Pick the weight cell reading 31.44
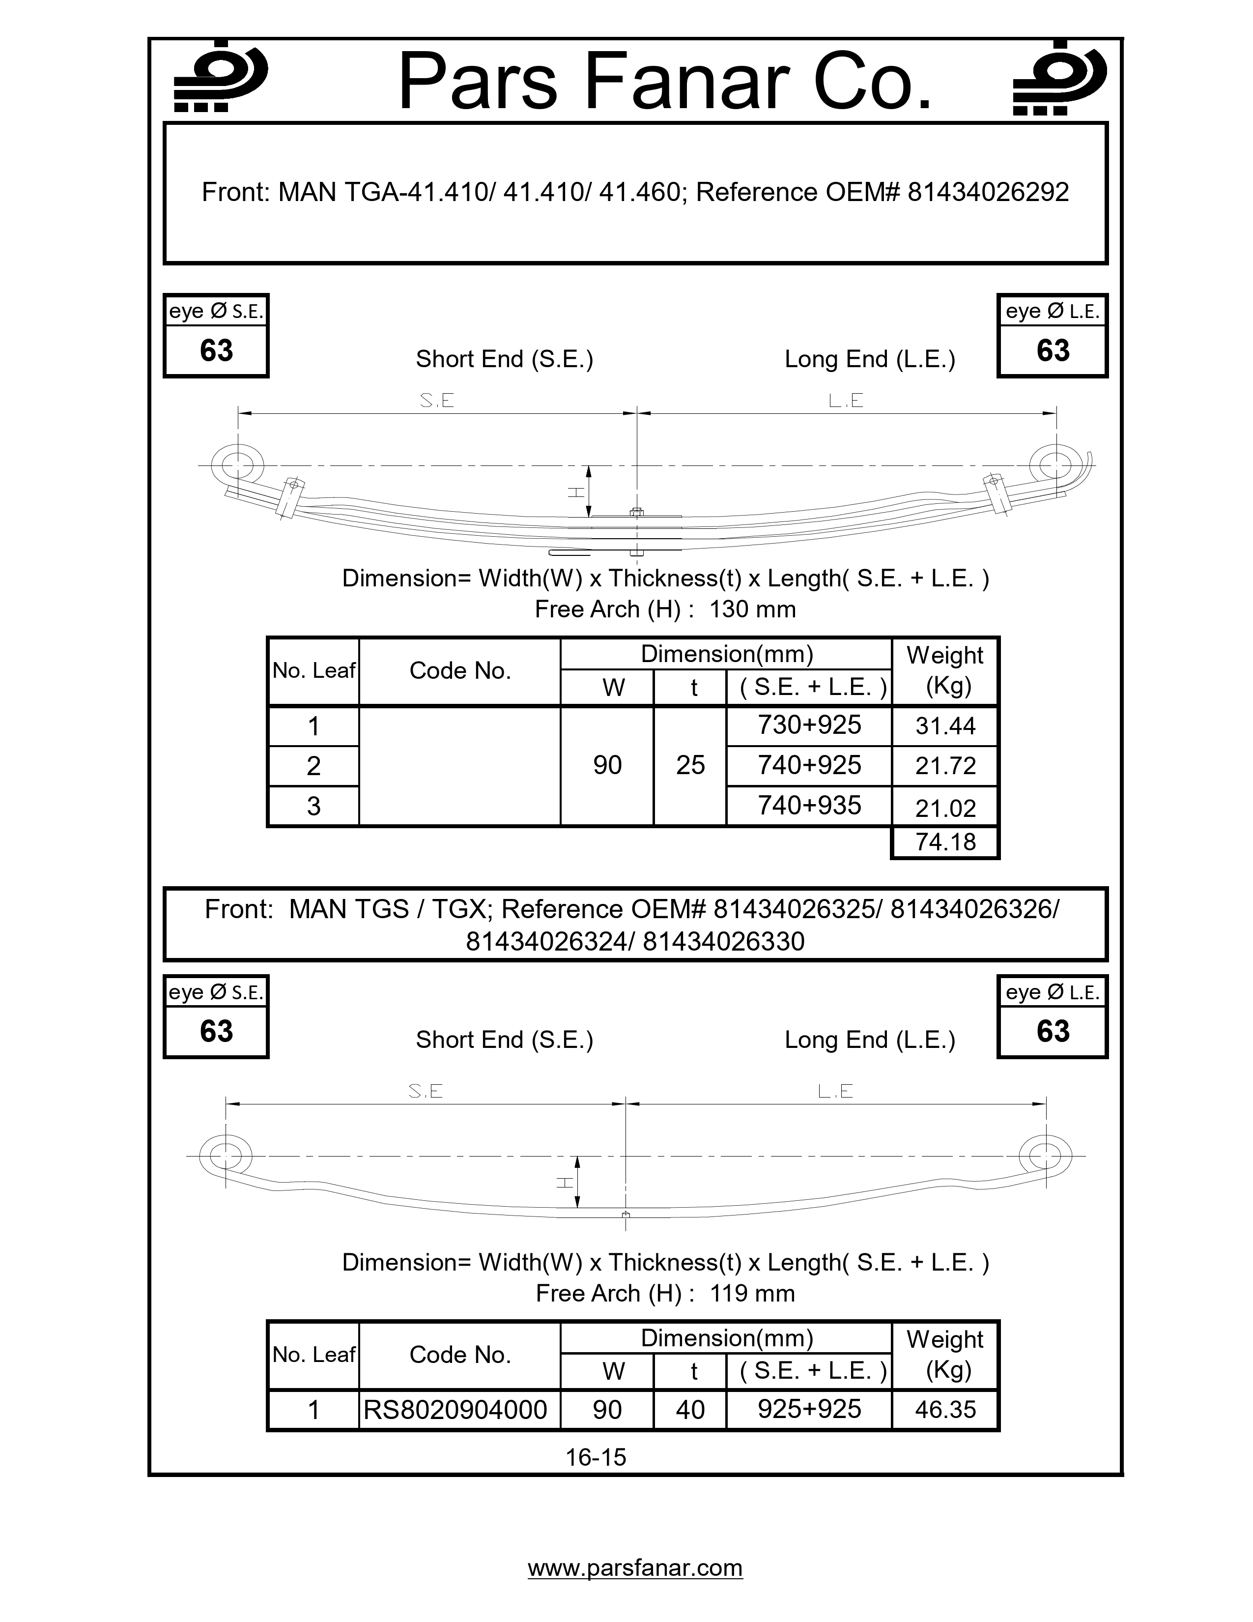[945, 725]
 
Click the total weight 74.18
[945, 842]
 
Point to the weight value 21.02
[945, 808]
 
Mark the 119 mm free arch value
[752, 1293]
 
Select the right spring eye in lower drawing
[1045, 1156]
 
